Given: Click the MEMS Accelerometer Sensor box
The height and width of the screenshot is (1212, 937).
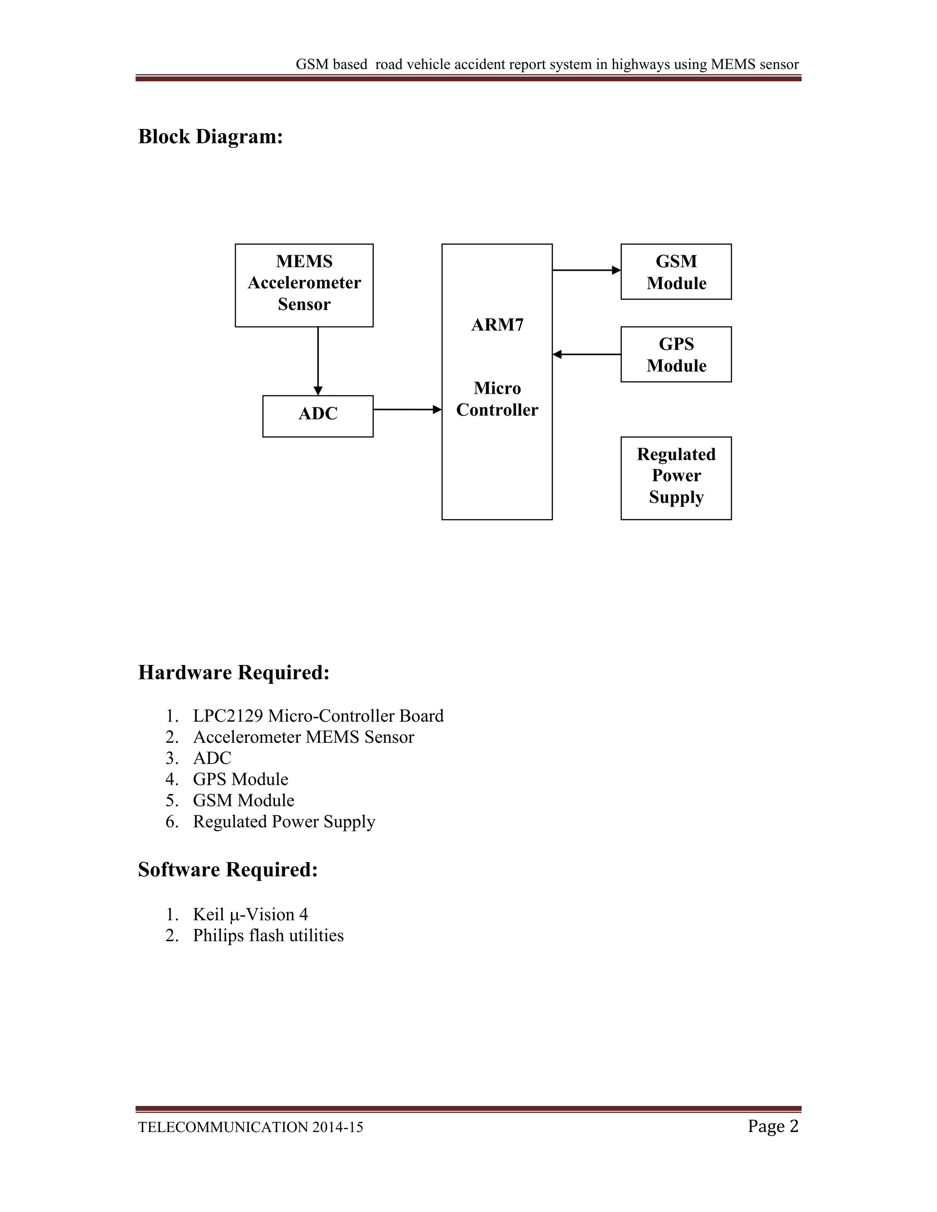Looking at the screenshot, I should click(304, 284).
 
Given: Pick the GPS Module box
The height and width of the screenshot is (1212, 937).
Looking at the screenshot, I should click(676, 354).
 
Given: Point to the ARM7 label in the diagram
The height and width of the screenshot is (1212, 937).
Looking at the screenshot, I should click(497, 325).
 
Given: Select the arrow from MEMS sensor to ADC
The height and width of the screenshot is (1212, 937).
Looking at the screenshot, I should click(318, 361).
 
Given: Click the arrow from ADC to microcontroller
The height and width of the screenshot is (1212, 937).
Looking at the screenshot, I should click(407, 409).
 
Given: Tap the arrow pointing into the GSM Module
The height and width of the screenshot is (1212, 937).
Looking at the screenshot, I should click(586, 270).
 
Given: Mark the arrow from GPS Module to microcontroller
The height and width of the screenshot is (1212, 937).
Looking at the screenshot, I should click(587, 354).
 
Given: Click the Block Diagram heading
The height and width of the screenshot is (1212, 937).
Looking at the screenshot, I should click(210, 136).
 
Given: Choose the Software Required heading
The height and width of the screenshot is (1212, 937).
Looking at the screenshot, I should click(227, 869).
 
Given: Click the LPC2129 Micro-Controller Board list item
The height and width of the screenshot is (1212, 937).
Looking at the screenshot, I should click(318, 716).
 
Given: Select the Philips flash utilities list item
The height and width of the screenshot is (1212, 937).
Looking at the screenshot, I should click(268, 935).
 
